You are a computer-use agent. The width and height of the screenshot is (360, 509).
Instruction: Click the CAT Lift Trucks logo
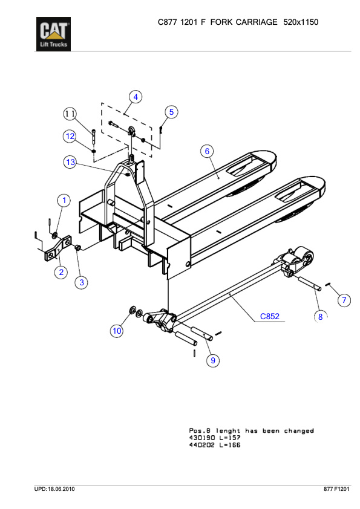(54, 34)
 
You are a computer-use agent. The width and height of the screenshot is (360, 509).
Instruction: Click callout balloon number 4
(136, 97)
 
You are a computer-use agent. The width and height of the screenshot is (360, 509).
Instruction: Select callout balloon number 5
(171, 112)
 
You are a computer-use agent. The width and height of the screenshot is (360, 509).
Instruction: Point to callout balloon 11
(71, 114)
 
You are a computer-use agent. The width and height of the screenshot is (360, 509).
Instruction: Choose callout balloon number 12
(70, 136)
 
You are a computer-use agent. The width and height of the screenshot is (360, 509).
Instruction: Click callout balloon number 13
(71, 162)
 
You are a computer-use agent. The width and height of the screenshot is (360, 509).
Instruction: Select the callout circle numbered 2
(61, 272)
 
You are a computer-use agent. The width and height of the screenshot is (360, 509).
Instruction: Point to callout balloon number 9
(212, 360)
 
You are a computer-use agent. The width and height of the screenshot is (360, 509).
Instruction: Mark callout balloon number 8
(321, 316)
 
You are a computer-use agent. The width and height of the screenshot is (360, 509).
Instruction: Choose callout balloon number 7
(344, 300)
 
